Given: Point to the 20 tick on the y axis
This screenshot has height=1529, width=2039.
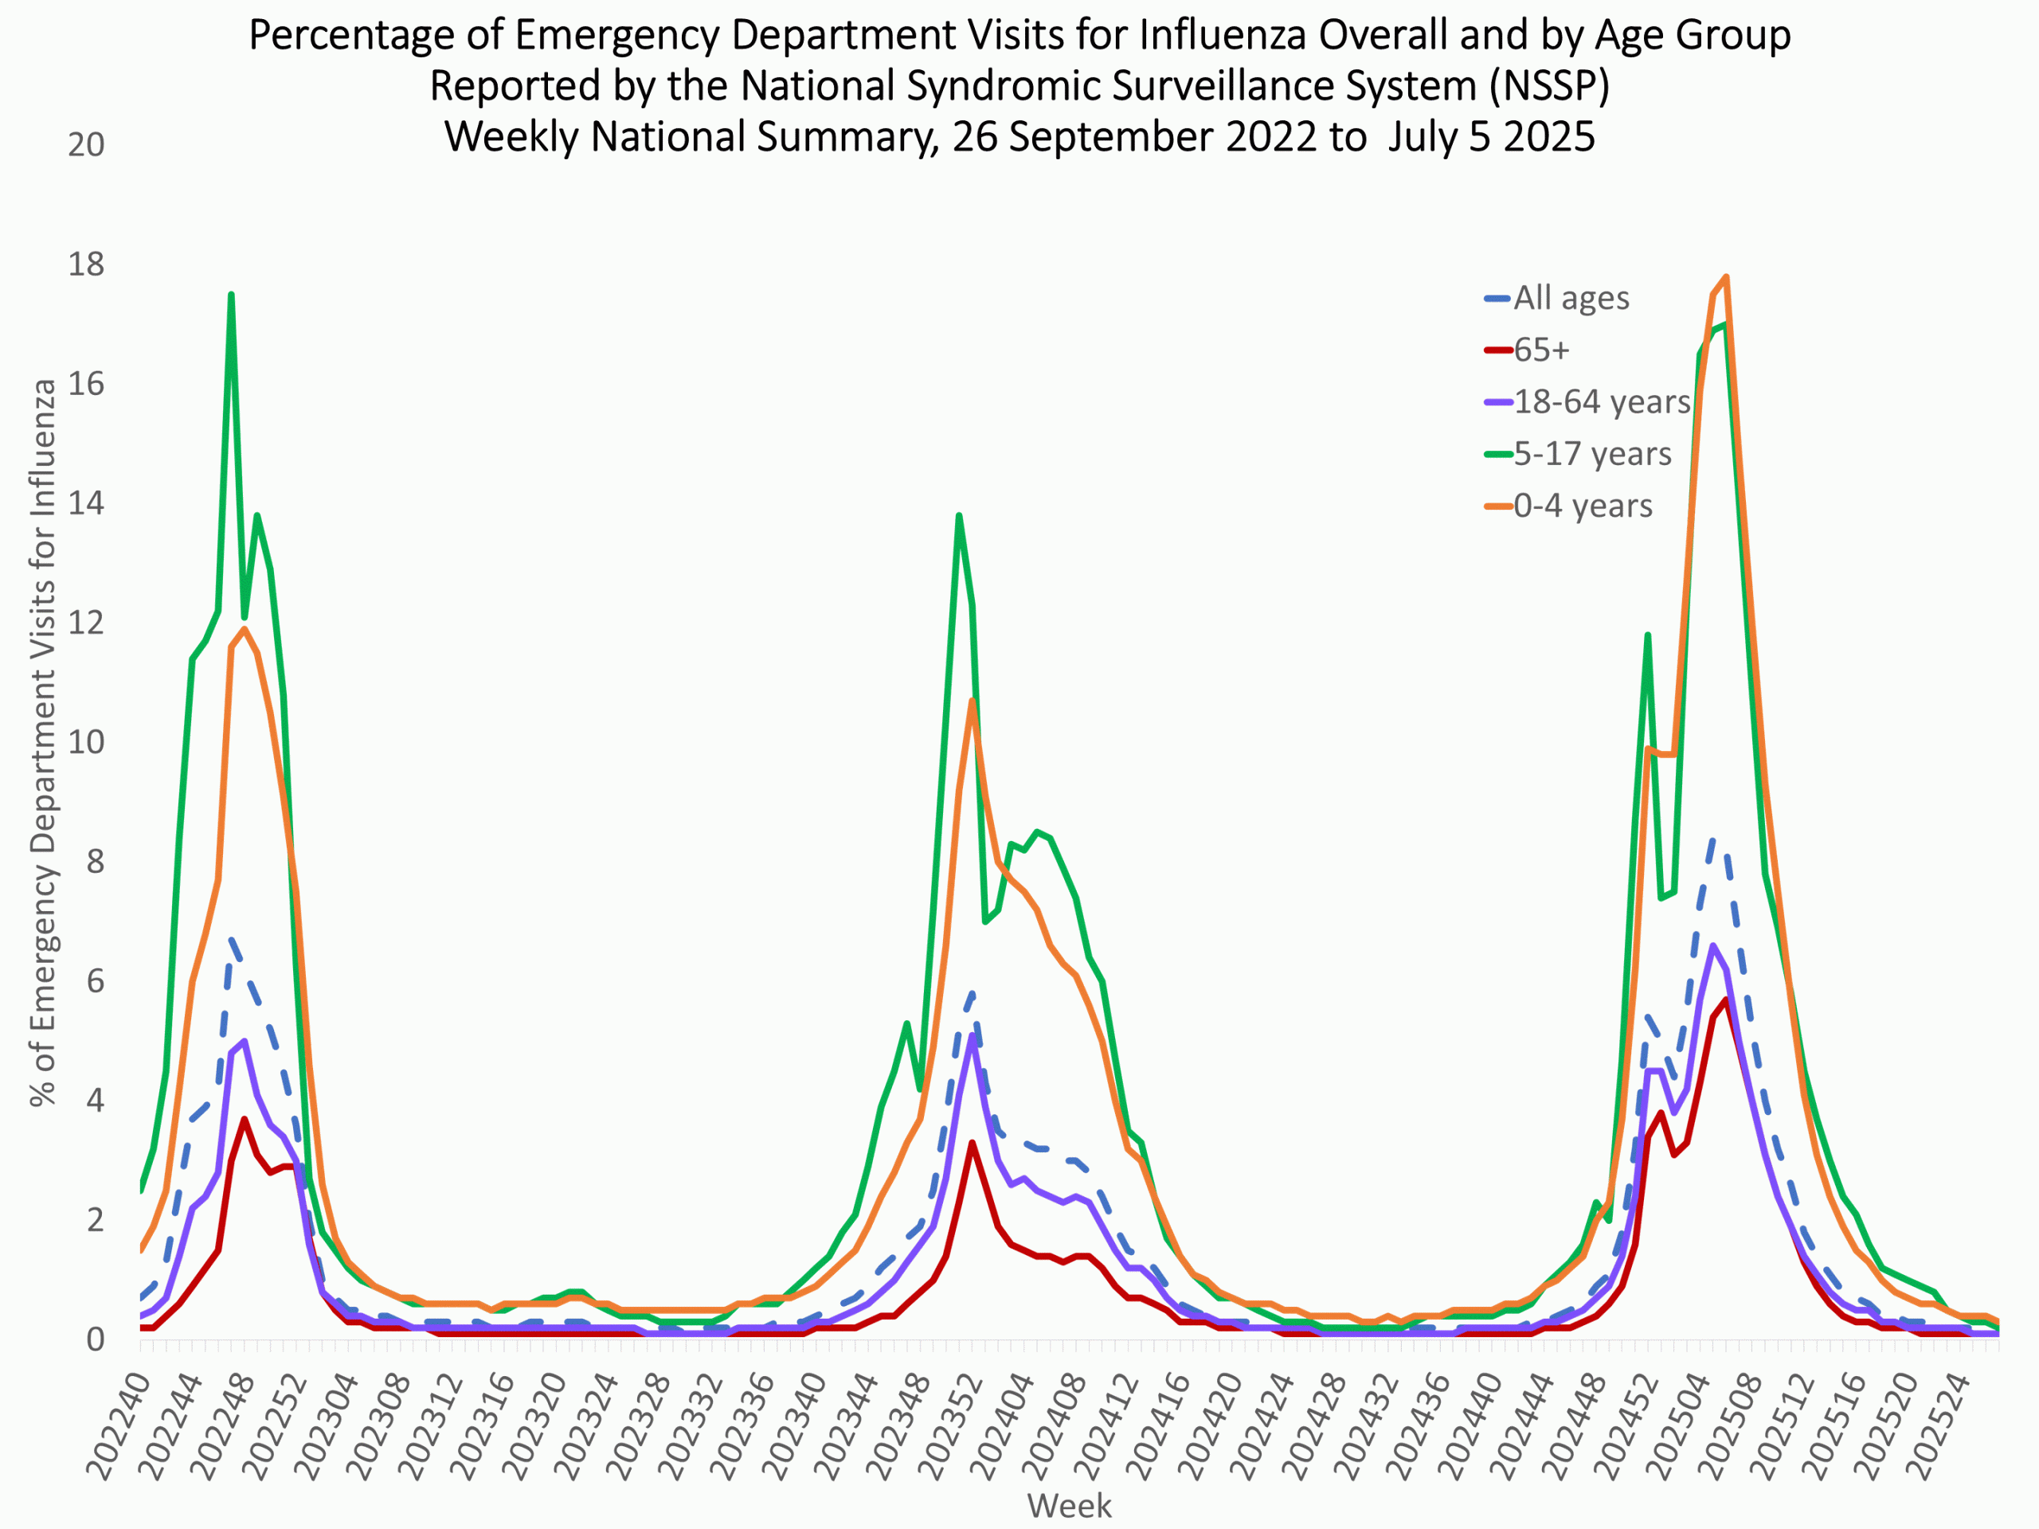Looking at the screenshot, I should [86, 145].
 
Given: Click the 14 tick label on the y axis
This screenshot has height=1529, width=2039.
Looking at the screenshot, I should [86, 503].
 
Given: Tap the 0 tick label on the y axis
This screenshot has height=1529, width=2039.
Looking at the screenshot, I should [95, 1340].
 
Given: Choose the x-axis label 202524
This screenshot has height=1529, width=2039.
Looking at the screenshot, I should [1935, 1424].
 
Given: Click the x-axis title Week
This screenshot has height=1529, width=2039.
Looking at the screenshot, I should [1069, 1506].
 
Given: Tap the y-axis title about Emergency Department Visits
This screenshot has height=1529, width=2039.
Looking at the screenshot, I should [42, 742].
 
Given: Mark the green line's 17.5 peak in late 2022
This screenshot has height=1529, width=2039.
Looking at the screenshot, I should [231, 295].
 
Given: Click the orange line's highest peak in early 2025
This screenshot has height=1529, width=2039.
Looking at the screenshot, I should [1726, 276].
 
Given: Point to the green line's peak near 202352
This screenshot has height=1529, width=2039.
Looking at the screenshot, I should [959, 515].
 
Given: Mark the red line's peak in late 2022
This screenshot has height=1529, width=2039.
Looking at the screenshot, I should [245, 1119].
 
